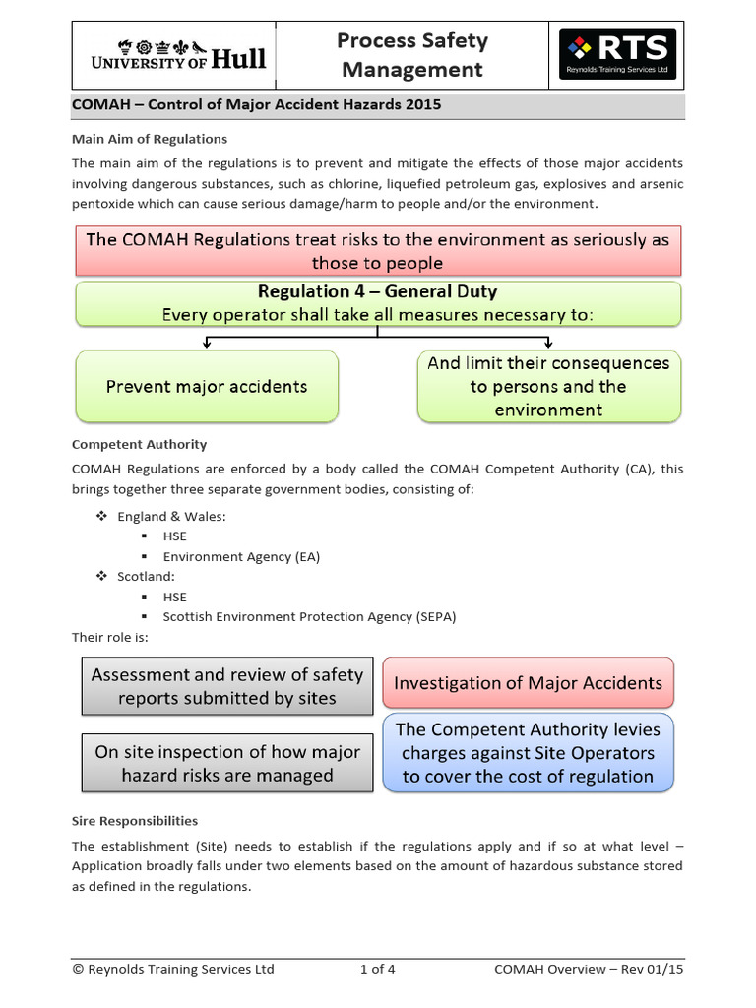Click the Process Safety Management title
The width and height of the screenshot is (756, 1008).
411,55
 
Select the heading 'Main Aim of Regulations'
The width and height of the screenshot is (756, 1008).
150,139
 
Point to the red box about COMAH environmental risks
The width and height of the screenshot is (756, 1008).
377,251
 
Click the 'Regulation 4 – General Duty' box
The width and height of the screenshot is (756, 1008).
377,303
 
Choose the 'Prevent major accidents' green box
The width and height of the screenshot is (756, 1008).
207,387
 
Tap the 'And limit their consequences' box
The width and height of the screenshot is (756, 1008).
548,387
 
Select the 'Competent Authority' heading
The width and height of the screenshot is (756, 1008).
139,445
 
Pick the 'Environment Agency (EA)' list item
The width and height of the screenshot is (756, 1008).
241,556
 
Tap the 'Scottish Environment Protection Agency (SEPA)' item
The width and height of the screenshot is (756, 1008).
309,617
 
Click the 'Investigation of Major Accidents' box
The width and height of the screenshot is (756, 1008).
528,683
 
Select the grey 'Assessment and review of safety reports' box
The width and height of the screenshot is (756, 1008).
227,686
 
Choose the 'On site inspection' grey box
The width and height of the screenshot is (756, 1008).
227,763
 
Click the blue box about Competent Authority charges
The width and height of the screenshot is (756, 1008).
528,753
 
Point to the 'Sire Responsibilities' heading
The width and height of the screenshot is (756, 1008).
135,821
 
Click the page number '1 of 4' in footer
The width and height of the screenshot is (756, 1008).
378,970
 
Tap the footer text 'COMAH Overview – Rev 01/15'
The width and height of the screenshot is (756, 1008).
589,970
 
